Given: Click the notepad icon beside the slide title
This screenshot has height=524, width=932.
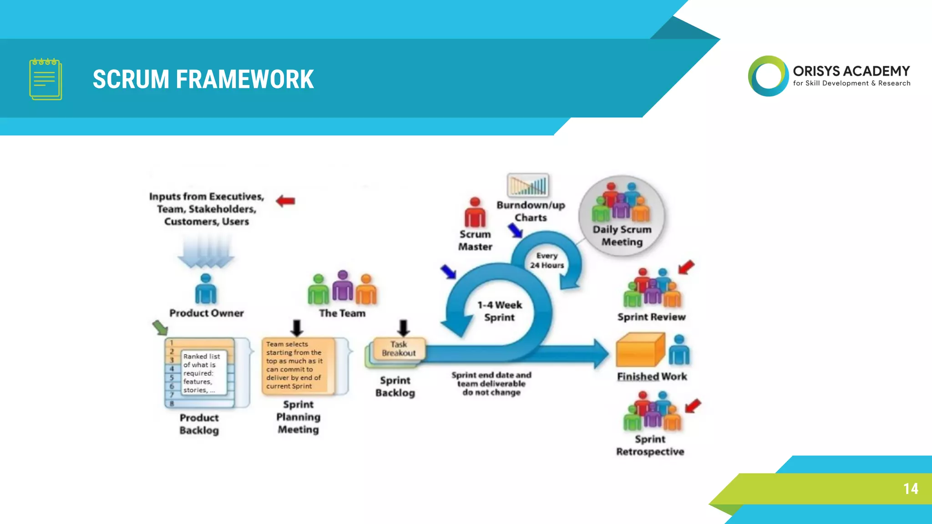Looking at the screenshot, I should point(46,79).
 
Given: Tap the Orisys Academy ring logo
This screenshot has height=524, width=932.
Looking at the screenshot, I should point(768,76).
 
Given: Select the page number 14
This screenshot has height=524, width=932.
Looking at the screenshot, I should point(911,489).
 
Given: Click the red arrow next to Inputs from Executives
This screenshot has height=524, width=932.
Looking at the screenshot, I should point(286,201).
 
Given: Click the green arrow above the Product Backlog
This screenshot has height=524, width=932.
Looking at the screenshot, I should point(160,327).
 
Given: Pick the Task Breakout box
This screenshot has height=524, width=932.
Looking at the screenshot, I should point(399,349).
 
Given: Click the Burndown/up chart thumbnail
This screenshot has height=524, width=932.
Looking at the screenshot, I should point(528,185).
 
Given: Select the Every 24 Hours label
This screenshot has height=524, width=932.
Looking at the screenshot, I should point(547,261).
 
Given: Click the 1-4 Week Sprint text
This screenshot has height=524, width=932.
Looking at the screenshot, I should point(500,311).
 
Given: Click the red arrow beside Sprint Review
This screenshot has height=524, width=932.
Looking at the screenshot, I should point(686,267).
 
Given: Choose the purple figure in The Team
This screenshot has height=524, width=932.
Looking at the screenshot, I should point(343,286).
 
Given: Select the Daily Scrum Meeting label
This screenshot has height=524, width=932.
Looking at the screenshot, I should point(622,236).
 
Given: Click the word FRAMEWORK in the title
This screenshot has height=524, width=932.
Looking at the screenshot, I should point(245,79).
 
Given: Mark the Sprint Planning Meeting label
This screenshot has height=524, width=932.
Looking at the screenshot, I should point(299,417).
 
